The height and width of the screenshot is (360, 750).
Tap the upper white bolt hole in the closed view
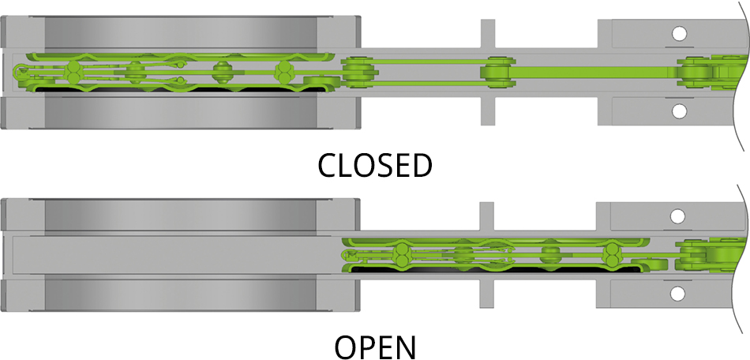[678, 34]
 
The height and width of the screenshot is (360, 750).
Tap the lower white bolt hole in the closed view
[678, 111]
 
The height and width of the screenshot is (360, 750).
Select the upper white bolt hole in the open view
[678, 216]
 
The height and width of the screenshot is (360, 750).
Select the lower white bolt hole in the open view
[678, 293]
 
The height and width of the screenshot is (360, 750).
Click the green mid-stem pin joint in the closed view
[497, 73]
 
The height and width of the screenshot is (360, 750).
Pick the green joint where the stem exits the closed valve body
[357, 73]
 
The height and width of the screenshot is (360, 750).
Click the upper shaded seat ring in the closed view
[182, 32]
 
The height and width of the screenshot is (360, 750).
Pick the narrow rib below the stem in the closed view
[489, 111]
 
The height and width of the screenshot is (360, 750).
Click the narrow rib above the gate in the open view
[489, 216]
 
